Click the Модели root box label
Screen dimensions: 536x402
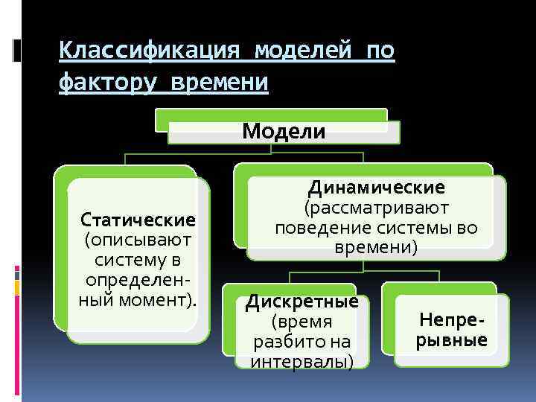click(284, 132)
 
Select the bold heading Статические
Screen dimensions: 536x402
click(138, 220)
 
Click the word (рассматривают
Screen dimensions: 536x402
click(377, 208)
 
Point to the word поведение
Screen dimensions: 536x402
click(317, 228)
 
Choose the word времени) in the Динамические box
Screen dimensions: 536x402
click(376, 247)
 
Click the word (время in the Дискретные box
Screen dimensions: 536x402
click(301, 322)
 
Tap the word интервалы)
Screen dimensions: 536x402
click(301, 362)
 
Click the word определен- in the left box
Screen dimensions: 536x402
click(139, 281)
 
